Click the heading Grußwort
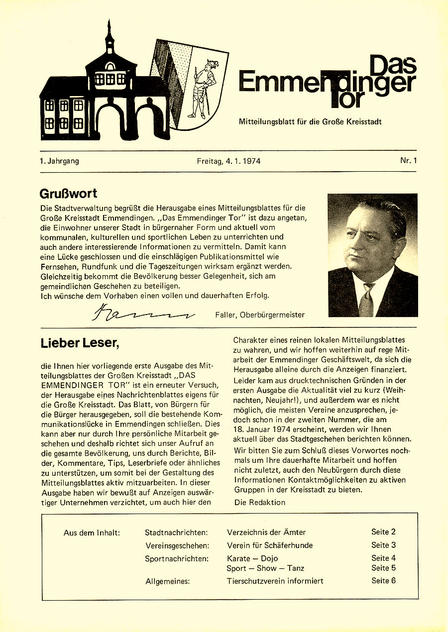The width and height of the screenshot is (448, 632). pyautogui.click(x=68, y=193)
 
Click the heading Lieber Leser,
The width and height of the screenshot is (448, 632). pyautogui.click(x=80, y=343)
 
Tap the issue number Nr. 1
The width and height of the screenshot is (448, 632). pyautogui.click(x=408, y=161)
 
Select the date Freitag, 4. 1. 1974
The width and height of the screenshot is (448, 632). pyautogui.click(x=228, y=161)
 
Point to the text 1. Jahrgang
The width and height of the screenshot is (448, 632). pyautogui.click(x=60, y=161)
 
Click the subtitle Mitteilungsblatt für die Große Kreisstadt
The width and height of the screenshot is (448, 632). pyautogui.click(x=310, y=121)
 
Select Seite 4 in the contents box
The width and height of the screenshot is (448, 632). pyautogui.click(x=383, y=558)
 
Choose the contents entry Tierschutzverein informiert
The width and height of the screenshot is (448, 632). pyautogui.click(x=275, y=581)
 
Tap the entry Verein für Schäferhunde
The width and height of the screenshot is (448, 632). pyautogui.click(x=270, y=545)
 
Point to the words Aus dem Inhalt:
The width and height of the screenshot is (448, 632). pyautogui.click(x=92, y=532)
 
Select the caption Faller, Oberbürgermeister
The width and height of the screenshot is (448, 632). pyautogui.click(x=260, y=315)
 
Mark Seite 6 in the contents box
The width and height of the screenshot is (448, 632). pyautogui.click(x=383, y=580)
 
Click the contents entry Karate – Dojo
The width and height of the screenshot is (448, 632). pyautogui.click(x=252, y=558)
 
